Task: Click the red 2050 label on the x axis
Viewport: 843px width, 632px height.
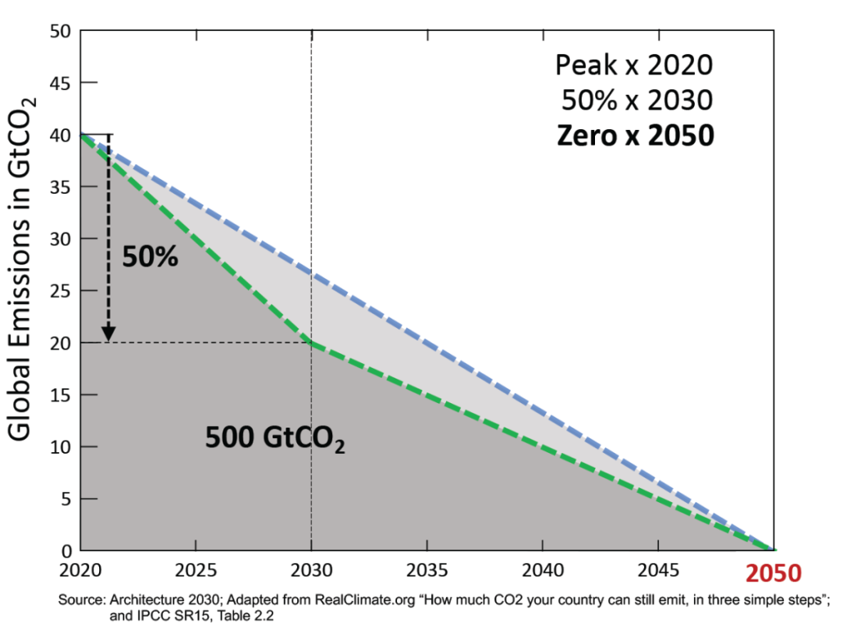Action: tap(773, 573)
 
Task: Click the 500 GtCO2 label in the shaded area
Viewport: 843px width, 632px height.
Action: tap(274, 441)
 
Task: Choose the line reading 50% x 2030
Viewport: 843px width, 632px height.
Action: tap(637, 100)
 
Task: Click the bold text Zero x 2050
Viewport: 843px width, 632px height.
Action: tap(635, 135)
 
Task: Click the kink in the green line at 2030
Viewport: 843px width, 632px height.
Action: tap(312, 343)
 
